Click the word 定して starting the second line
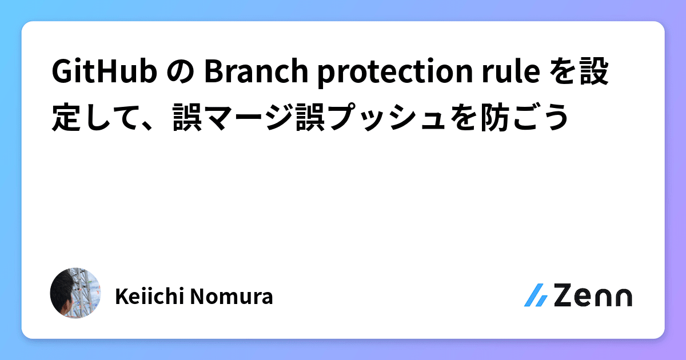(92, 117)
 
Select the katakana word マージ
(244, 117)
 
